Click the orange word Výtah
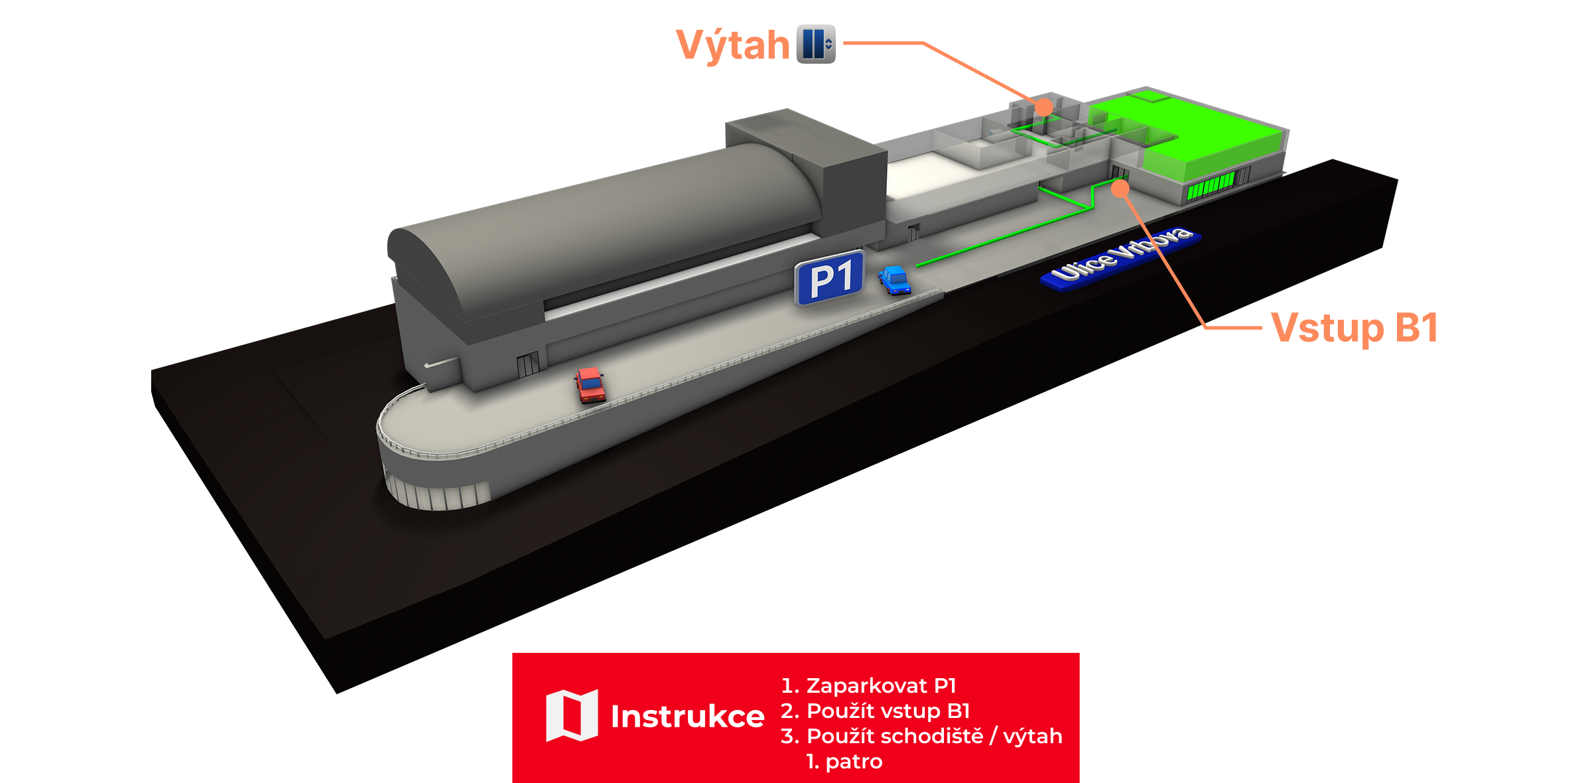point(732,45)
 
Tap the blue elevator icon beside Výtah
point(815,44)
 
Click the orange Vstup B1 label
point(1355,328)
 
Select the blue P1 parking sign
point(830,278)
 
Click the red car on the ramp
point(589,385)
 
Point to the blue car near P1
point(895,280)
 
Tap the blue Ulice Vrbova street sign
point(1121,258)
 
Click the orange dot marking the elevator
point(1044,107)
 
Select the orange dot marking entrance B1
point(1120,188)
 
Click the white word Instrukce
point(687,717)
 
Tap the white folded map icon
point(572,715)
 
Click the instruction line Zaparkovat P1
point(868,685)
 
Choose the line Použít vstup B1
point(876,711)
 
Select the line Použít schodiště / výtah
point(922,736)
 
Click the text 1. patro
point(844,761)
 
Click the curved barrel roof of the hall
point(597,219)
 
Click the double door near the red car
point(528,364)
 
